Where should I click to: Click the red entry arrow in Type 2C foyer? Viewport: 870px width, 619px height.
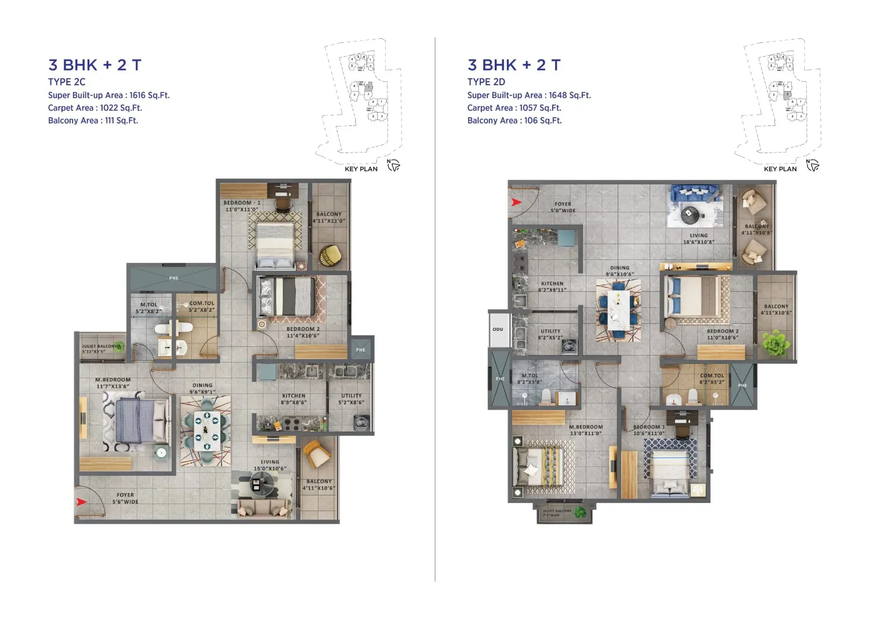pyautogui.click(x=82, y=502)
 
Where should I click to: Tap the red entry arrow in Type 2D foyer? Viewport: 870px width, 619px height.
pyautogui.click(x=516, y=202)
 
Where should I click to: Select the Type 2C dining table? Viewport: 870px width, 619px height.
pyautogui.click(x=205, y=430)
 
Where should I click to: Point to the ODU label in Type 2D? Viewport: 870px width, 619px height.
pyautogui.click(x=498, y=330)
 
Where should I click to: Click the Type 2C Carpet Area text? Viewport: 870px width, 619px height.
pyautogui.click(x=95, y=108)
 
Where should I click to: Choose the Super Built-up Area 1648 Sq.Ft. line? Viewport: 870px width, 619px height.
pyautogui.click(x=529, y=95)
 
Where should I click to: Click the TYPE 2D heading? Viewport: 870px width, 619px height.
pyautogui.click(x=486, y=82)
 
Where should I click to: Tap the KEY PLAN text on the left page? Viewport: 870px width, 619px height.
pyautogui.click(x=361, y=169)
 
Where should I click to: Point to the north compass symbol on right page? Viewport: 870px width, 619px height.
pyautogui.click(x=813, y=165)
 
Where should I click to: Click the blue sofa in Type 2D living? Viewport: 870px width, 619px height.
pyautogui.click(x=694, y=192)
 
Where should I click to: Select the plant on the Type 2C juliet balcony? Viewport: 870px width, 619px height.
pyautogui.click(x=119, y=346)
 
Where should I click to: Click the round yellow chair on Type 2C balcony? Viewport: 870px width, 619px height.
pyautogui.click(x=330, y=255)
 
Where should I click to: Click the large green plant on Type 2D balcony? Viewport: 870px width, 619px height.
pyautogui.click(x=775, y=343)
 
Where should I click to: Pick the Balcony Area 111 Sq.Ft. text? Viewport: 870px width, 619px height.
pyautogui.click(x=93, y=121)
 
